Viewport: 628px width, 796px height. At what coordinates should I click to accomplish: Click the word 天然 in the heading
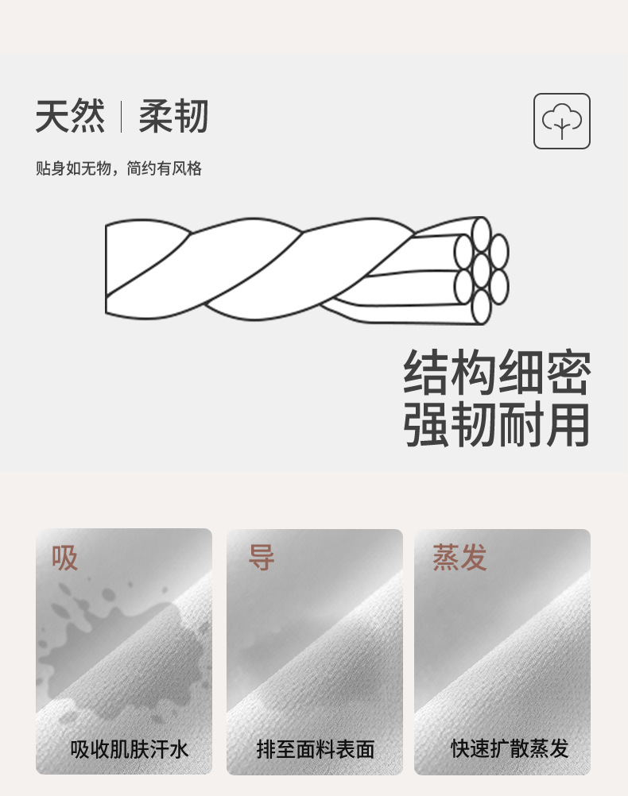70,116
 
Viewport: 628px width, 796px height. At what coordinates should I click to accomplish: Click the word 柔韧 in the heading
173,116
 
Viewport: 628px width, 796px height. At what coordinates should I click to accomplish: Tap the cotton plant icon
561,121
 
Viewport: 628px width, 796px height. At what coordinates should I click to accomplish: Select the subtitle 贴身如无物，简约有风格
119,168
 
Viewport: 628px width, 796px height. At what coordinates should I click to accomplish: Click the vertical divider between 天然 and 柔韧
121,117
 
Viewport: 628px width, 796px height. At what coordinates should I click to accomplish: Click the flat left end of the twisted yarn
107,269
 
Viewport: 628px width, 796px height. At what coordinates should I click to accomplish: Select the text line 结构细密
497,372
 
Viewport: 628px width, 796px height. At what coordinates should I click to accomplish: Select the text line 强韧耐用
497,424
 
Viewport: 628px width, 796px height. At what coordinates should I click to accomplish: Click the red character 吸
64,558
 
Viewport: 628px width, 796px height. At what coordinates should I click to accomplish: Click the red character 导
262,558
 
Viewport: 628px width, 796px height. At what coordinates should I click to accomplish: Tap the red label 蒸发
459,558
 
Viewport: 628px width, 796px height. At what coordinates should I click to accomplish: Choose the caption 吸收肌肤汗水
129,749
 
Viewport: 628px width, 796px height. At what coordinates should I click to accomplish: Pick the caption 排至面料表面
316,749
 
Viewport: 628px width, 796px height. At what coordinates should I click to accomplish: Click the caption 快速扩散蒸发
510,748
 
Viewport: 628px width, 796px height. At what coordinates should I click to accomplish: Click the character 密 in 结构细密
568,372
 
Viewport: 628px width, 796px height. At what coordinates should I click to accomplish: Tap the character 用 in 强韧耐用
568,424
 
